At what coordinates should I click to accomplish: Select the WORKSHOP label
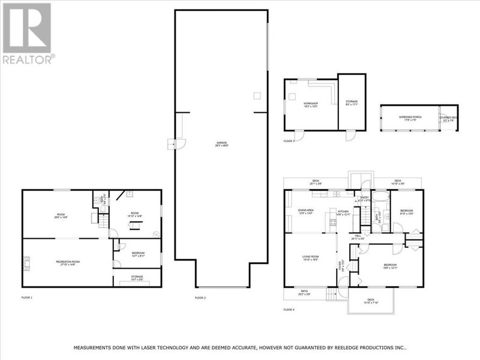310,104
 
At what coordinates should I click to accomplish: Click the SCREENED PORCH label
409,118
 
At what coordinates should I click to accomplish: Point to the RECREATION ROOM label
68,262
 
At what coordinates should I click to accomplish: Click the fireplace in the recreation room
26,261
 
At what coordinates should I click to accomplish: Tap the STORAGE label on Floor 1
137,277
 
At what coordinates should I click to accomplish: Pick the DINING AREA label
306,210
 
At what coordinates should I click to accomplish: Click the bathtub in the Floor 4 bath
380,197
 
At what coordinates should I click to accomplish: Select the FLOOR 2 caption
200,298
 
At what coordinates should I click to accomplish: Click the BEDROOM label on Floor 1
138,253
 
